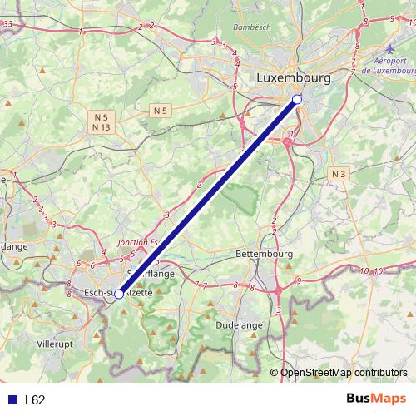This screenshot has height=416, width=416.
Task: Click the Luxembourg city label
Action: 294,77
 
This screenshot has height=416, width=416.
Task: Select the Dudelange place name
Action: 239,325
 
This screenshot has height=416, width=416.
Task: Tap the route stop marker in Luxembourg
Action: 297,100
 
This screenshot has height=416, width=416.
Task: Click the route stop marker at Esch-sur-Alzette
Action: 119,294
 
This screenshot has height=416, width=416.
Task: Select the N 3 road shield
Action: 338,173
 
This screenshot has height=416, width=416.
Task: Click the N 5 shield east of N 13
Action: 161,110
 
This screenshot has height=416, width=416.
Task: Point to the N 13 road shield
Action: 102,127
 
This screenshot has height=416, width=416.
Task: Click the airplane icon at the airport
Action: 392,49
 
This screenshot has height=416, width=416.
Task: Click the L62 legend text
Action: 35,399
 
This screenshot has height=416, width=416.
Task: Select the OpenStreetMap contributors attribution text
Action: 344,373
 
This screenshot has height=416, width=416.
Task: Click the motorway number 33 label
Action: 7,25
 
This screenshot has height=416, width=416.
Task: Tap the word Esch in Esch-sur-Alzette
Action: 97,292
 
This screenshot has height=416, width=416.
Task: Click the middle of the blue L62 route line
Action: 208,196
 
